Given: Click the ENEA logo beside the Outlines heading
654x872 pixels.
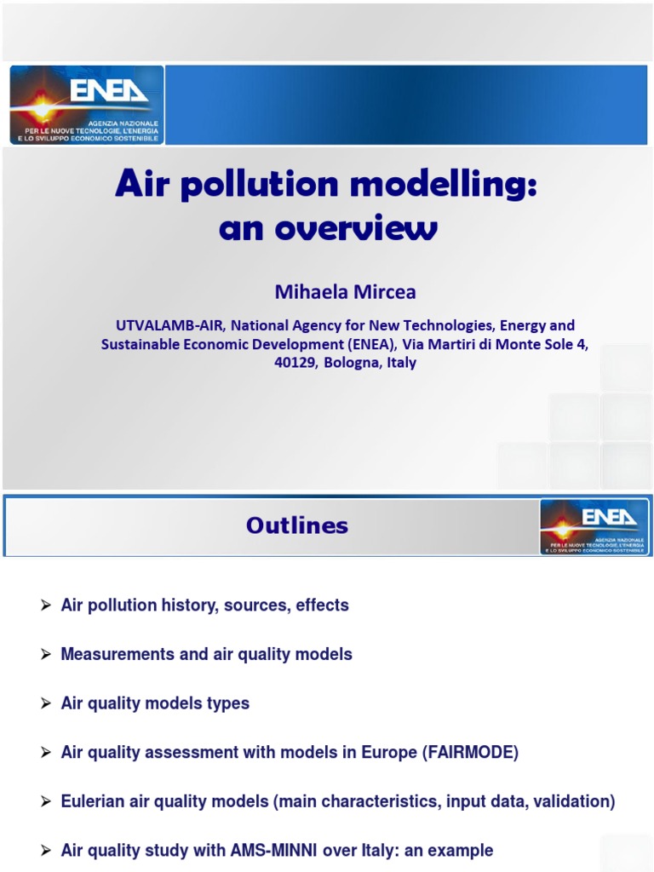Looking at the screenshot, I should pos(594,527).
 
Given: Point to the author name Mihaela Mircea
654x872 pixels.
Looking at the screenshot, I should pos(345,292).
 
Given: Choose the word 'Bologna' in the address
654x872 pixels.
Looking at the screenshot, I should pos(353,363).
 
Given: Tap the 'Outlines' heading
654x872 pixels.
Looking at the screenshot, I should pos(297,526).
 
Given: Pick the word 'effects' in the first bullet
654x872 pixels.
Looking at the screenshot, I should pos(322,605).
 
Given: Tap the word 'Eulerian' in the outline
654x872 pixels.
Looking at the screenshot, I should pos(93,801).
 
